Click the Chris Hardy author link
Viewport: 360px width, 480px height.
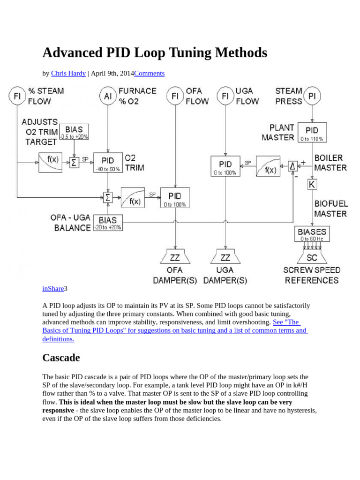click(x=68, y=74)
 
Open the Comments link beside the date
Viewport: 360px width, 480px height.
click(x=149, y=74)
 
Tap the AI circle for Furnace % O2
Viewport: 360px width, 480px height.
click(x=108, y=96)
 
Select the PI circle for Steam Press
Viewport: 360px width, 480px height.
click(x=312, y=96)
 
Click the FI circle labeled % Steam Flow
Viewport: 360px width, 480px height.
click(x=17, y=96)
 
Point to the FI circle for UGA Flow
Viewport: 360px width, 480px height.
click(x=225, y=96)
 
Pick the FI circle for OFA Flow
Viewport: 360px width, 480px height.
click(x=175, y=96)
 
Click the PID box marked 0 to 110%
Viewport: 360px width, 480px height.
click(x=312, y=132)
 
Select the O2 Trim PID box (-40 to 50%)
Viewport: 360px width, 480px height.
click(x=108, y=162)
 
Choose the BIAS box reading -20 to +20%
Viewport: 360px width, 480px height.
click(x=108, y=222)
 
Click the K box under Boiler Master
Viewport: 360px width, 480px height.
click(x=312, y=184)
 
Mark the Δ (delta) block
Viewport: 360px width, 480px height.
click(x=293, y=166)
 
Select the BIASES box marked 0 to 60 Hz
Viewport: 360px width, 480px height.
click(x=312, y=234)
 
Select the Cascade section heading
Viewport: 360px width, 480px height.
click(x=61, y=358)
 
